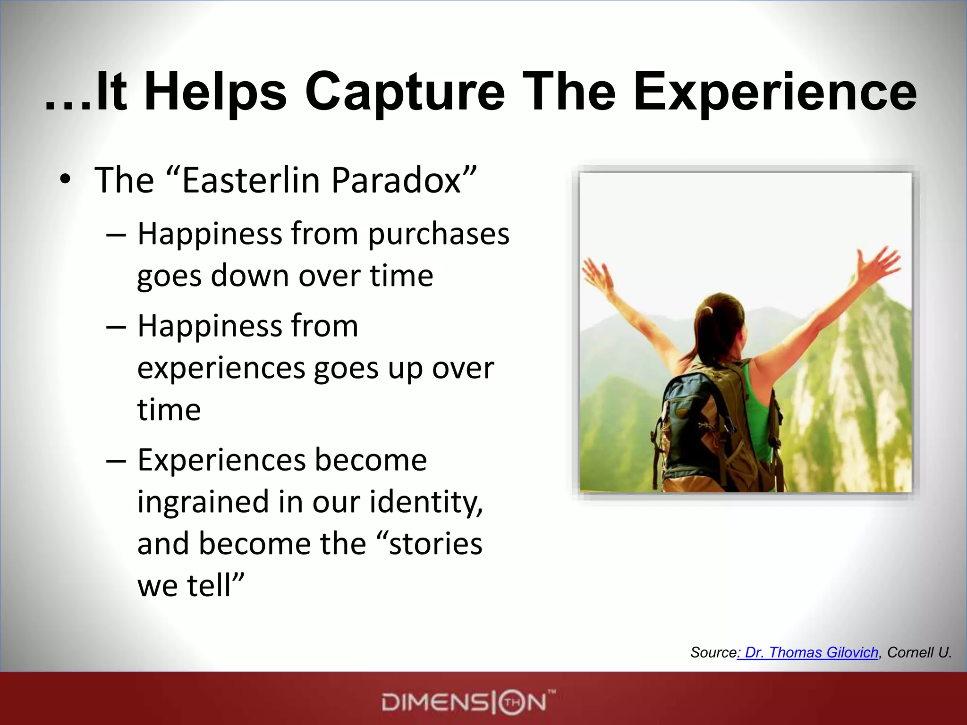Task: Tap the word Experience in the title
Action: point(774,92)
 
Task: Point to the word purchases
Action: point(439,235)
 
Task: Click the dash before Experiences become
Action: point(116,460)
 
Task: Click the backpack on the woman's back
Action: point(694,425)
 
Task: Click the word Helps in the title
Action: point(215,92)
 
